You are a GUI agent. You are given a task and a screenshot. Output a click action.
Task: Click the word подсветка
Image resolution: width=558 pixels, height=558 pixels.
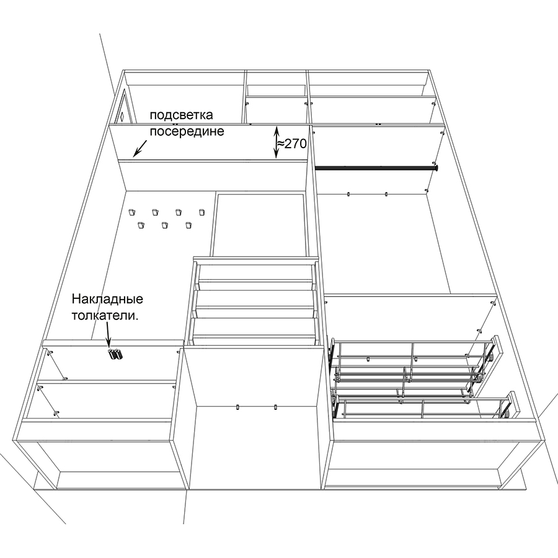pyautogui.click(x=182, y=115)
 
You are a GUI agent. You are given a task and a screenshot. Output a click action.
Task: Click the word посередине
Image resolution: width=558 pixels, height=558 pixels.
pyautogui.click(x=187, y=131)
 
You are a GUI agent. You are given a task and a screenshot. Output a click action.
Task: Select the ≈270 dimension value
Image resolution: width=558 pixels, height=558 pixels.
pyautogui.click(x=292, y=144)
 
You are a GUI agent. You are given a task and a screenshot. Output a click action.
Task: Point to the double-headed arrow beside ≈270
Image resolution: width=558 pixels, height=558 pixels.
pyautogui.click(x=276, y=143)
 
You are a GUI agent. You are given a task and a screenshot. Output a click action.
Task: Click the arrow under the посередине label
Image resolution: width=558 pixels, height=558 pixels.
pyautogui.click(x=140, y=148)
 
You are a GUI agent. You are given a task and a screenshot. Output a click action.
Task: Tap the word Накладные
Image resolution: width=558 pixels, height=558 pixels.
pyautogui.click(x=107, y=299)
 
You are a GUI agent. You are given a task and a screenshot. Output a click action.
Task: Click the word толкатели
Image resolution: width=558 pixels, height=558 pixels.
pyautogui.click(x=105, y=316)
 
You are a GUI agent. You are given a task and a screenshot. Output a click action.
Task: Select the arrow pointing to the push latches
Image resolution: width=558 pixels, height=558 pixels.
pyautogui.click(x=108, y=335)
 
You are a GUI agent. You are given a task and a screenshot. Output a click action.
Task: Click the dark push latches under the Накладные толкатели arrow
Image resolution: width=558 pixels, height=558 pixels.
pyautogui.click(x=115, y=355)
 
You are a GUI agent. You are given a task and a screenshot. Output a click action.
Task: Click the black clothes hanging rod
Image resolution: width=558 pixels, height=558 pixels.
pyautogui.click(x=376, y=167)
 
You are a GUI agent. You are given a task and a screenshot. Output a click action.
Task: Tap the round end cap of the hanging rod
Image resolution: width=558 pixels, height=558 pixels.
pyautogui.click(x=436, y=167)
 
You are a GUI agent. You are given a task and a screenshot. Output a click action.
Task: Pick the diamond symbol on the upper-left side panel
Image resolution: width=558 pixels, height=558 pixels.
pyautogui.click(x=122, y=116)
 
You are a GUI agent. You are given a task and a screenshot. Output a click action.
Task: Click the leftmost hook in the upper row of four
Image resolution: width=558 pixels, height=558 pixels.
pyautogui.click(x=132, y=212)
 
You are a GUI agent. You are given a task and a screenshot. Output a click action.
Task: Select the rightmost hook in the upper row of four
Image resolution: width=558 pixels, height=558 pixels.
pyautogui.click(x=202, y=212)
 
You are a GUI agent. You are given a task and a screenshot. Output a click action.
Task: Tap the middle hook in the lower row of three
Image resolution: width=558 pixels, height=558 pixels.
pyautogui.click(x=164, y=225)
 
